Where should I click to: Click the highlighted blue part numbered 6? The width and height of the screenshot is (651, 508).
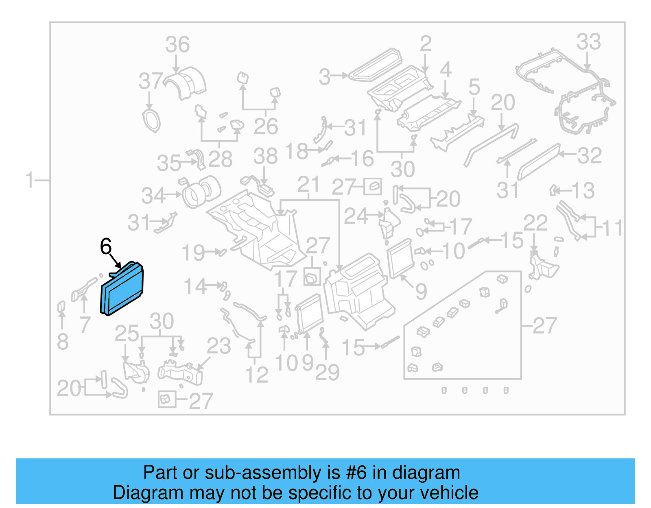(x=122, y=290)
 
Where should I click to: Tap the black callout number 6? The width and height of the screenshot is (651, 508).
(x=106, y=246)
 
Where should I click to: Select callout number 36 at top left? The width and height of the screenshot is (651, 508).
(x=177, y=45)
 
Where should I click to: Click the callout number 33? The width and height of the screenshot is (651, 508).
(x=588, y=42)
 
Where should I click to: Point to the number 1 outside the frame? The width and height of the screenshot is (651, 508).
(x=29, y=180)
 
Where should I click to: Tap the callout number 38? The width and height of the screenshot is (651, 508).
(x=265, y=157)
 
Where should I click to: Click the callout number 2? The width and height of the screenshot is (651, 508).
(x=425, y=44)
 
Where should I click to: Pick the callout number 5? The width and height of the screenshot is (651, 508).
(x=474, y=87)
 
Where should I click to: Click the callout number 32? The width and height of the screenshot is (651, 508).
(x=590, y=156)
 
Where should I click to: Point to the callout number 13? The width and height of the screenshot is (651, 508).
(x=583, y=191)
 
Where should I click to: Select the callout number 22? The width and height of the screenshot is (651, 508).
(x=535, y=223)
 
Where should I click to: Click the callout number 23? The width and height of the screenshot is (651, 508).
(x=218, y=347)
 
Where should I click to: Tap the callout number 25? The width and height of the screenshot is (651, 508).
(x=127, y=334)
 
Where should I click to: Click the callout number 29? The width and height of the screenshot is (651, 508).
(x=327, y=373)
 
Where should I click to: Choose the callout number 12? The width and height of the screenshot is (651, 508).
(x=256, y=375)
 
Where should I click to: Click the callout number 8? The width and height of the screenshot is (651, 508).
(x=62, y=342)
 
